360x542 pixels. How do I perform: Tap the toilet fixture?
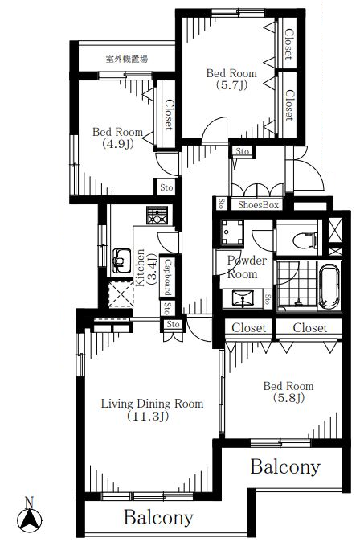pos(305,240)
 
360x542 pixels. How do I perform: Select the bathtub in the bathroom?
pos(329,286)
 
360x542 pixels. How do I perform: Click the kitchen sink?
pos(121,261)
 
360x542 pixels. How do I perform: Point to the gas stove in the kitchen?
pos(157,216)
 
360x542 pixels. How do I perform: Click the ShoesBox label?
pos(258,205)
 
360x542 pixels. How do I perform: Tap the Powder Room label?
pos(247,267)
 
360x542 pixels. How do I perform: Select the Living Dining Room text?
pos(152,404)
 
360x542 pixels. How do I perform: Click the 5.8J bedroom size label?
pos(288,398)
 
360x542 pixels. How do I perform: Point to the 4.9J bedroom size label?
pos(117,144)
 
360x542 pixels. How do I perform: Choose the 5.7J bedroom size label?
pos(231,85)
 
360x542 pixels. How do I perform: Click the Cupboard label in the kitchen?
pos(166,277)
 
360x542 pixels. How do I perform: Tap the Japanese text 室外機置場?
pos(127,60)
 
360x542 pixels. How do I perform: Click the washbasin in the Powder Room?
pos(243,298)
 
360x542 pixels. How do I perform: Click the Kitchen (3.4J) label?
pos(146,269)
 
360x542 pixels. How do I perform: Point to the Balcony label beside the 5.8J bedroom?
pos(285,467)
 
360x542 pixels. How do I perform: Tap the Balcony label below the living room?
pos(158,518)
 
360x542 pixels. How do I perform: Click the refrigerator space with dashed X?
pos(121,294)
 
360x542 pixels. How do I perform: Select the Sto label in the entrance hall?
pos(242,151)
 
